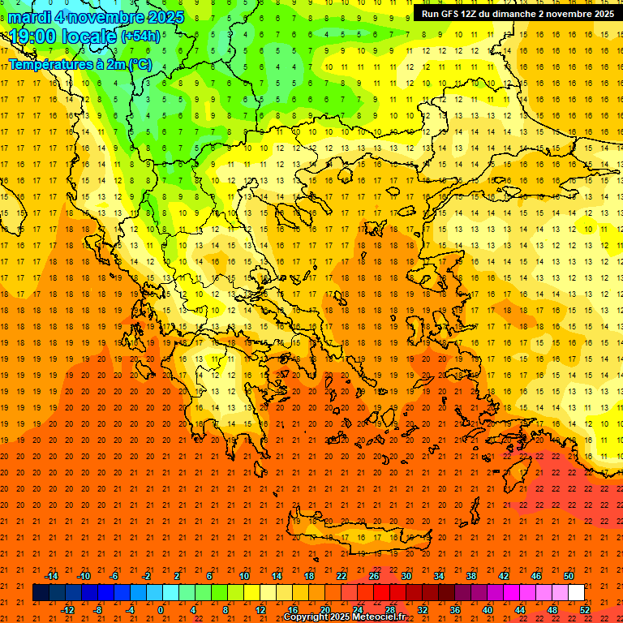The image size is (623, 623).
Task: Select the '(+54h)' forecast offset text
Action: tap(140, 37)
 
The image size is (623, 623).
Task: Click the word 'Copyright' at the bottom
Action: tap(307, 617)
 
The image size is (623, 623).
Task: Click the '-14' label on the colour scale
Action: tap(51, 576)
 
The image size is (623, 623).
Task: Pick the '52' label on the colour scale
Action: tap(585, 610)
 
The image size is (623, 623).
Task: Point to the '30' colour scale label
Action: tap(406, 576)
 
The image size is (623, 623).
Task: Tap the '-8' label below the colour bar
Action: tap(98, 610)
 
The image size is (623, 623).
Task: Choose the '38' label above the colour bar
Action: tap(470, 576)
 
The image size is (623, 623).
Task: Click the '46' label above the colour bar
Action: tap(535, 576)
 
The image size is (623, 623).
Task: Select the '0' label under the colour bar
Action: tap(161, 610)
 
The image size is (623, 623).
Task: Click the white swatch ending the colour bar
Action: tap(576, 593)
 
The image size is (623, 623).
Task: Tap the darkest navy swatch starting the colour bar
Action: tap(41, 593)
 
